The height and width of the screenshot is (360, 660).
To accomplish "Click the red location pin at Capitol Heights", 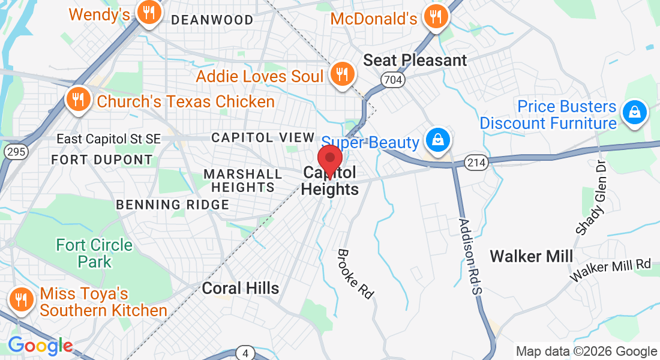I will pyautogui.click(x=329, y=160).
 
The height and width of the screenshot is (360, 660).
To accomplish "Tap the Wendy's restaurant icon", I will pyautogui.click(x=147, y=12).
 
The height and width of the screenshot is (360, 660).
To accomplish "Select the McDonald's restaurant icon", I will pyautogui.click(x=436, y=16).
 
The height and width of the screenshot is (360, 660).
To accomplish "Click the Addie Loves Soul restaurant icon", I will pyautogui.click(x=343, y=74).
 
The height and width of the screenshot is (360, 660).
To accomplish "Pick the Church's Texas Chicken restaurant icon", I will pyautogui.click(x=77, y=100).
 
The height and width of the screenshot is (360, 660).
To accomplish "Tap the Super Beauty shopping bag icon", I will pyautogui.click(x=438, y=140).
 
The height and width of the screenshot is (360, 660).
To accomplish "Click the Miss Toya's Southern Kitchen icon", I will pyautogui.click(x=22, y=299).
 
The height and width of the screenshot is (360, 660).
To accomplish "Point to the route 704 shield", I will pyautogui.click(x=392, y=79).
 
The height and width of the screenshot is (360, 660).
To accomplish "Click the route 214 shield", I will pyautogui.click(x=476, y=162).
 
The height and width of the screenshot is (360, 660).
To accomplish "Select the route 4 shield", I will pyautogui.click(x=245, y=353).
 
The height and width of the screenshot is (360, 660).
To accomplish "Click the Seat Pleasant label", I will pyautogui.click(x=415, y=60).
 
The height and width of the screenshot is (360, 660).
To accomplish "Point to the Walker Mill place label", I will pyautogui.click(x=531, y=257).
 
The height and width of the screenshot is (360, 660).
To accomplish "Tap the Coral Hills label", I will pyautogui.click(x=241, y=288).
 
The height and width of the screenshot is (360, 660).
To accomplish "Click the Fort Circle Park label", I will pyautogui.click(x=94, y=253).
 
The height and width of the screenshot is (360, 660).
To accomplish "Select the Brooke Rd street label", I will pyautogui.click(x=356, y=274).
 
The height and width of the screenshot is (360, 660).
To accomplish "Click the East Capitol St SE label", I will pyautogui.click(x=109, y=139).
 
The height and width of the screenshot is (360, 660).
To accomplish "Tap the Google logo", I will pyautogui.click(x=40, y=346).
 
